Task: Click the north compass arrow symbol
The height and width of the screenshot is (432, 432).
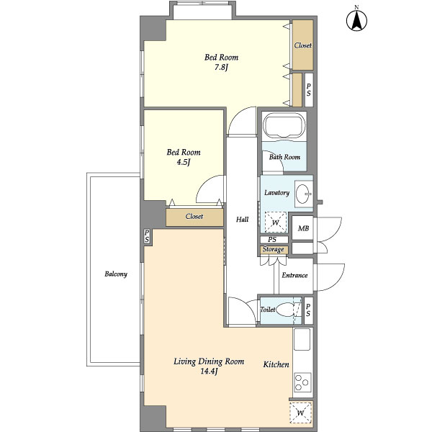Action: [356, 20]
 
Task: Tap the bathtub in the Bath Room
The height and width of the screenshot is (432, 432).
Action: [284, 127]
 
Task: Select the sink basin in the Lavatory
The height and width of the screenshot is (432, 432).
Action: [304, 194]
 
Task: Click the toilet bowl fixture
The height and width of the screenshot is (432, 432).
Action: [285, 310]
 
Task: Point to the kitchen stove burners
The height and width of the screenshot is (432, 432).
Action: [302, 382]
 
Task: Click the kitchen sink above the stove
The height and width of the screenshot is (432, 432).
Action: [302, 339]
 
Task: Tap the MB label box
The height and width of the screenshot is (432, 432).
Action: [303, 228]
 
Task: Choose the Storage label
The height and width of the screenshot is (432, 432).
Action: [273, 249]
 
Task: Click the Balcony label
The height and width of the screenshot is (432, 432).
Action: [116, 274]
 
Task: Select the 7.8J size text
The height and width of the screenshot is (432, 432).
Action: [221, 67]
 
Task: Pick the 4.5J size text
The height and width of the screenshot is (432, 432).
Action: [184, 162]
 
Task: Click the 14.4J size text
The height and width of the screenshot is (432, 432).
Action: [209, 372]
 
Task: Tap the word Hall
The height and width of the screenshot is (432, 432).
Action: [242, 220]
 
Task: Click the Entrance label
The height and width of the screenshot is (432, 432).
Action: [294, 275]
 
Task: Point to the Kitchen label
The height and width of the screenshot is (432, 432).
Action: [276, 364]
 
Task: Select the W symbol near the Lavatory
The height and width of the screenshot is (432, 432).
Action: [275, 222]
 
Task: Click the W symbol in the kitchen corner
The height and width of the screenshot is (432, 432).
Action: [300, 413]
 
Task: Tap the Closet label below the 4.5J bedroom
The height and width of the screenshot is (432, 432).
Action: [194, 216]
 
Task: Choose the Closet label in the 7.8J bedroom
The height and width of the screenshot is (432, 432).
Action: [303, 45]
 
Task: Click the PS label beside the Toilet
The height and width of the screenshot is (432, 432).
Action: [308, 310]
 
